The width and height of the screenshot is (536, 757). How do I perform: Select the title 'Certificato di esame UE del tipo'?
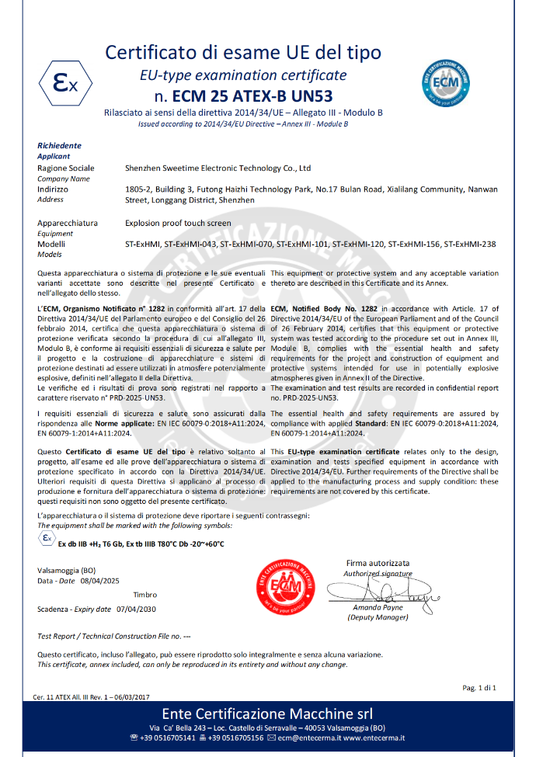tap(243, 53)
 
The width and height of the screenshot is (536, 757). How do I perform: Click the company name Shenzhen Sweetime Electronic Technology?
tap(218, 168)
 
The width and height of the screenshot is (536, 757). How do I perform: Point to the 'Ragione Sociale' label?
tap(66, 168)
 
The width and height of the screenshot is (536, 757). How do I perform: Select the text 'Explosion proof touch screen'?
tap(178, 223)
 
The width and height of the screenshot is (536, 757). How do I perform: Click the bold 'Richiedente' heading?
tap(59, 145)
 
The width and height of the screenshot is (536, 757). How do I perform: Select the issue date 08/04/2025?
tap(98, 580)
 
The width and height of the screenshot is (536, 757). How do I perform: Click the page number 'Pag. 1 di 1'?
tap(479, 688)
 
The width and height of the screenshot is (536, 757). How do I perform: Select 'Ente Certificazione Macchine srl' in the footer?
tap(267, 714)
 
